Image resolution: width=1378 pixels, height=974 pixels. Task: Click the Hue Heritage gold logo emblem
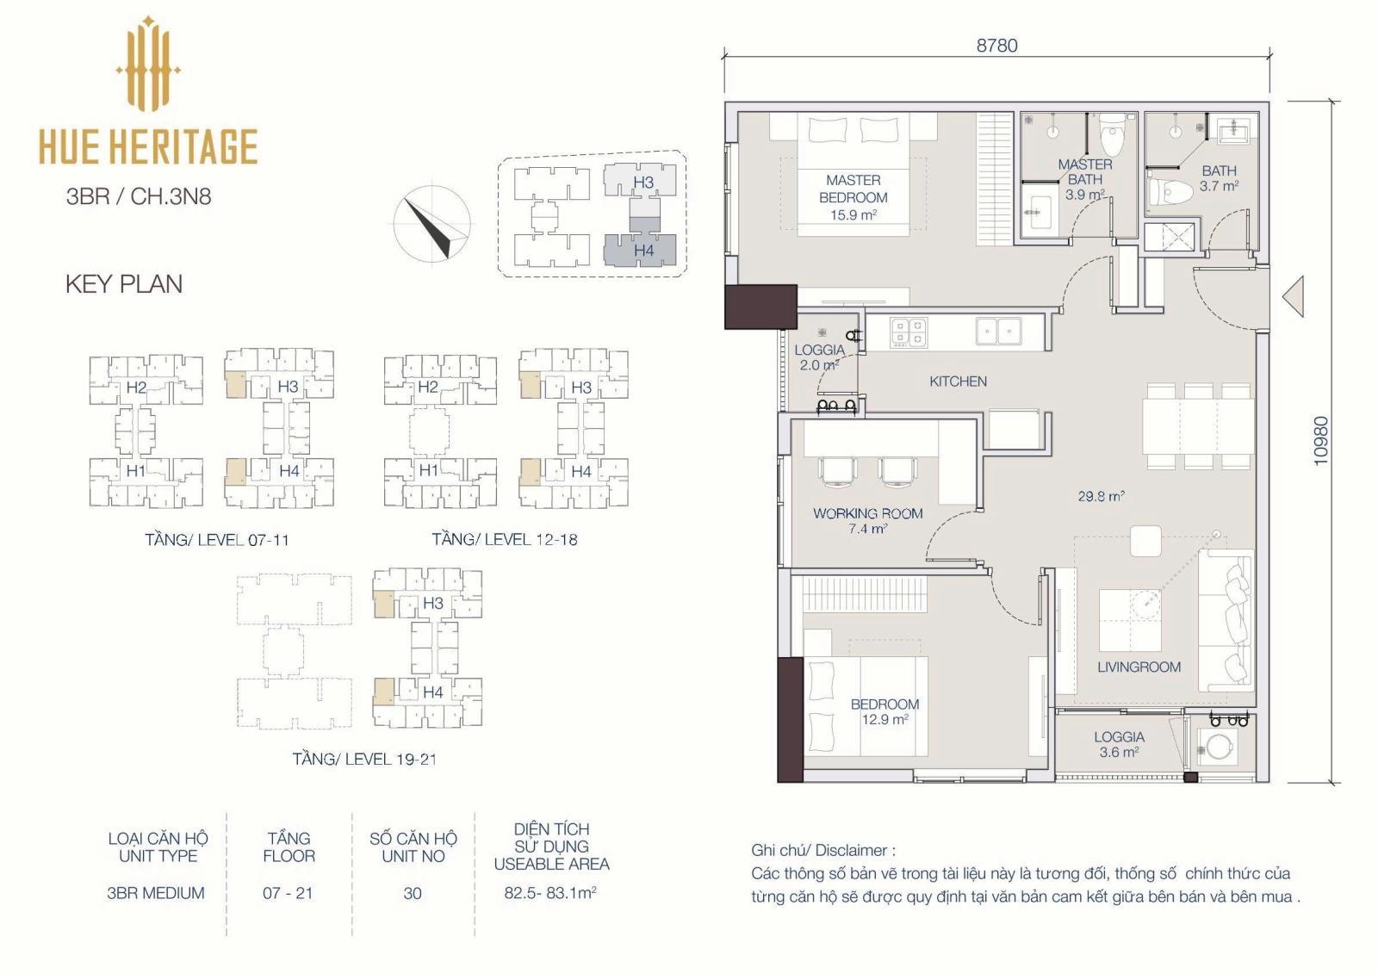coord(147,64)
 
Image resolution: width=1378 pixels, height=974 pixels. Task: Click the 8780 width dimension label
coord(996,46)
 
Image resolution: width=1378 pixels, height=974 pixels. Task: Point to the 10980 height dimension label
coord(1321,441)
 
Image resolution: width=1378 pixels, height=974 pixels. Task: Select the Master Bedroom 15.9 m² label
coord(853,197)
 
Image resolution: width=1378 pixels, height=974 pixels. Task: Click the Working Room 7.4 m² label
coord(867,520)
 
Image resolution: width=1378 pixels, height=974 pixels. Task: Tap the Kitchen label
coord(958,382)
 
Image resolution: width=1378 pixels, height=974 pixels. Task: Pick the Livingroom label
coord(1139,667)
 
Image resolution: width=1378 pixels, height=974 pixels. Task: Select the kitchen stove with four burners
coord(909,332)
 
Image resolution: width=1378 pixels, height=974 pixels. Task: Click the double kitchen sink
coord(998,331)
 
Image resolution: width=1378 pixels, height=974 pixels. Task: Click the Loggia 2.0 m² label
coord(819,357)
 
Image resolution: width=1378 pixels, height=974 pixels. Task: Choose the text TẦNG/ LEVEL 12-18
coord(505,540)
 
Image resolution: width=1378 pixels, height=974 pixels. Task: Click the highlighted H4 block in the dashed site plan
coord(640,251)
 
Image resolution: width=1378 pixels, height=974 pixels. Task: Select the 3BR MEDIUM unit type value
coord(156,893)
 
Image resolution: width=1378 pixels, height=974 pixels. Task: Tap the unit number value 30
coord(413,893)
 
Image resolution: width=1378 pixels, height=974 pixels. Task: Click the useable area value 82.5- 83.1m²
coord(550,893)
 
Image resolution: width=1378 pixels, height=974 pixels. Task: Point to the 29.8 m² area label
coord(1102,496)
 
